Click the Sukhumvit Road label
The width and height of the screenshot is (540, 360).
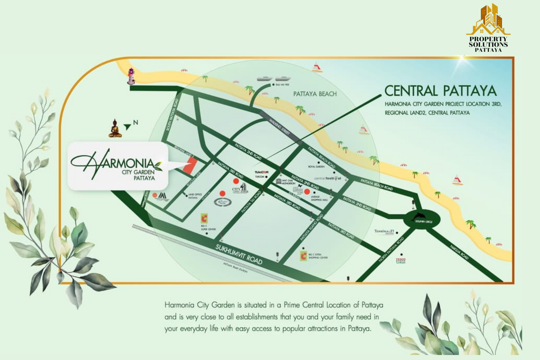click(239, 254)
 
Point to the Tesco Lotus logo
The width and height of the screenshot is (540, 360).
click(401, 260)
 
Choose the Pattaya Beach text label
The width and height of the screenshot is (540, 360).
click(315, 94)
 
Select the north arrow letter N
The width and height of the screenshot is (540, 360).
click(136, 122)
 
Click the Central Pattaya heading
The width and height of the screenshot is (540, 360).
click(440, 91)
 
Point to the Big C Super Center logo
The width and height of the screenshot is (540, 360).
click(204, 218)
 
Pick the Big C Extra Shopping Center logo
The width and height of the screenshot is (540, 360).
click(303, 256)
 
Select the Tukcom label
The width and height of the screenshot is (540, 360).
click(261, 172)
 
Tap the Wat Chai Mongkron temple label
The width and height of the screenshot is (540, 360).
click(288, 182)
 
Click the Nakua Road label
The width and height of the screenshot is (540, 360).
click(459, 252)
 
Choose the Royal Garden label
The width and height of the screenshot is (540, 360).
click(316, 167)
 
